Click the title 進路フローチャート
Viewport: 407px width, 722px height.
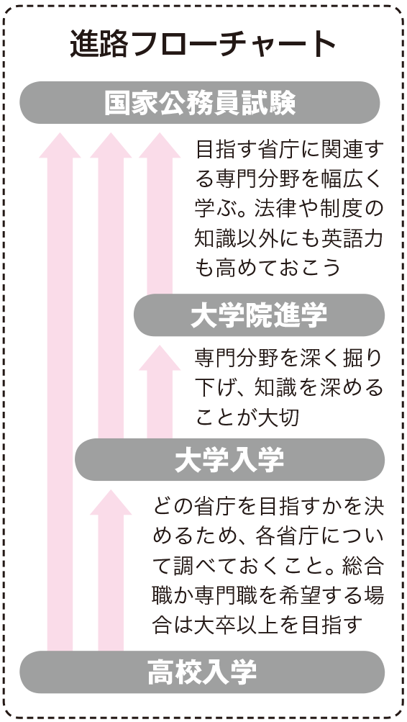click(x=203, y=45)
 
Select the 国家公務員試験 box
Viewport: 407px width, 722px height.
click(x=200, y=103)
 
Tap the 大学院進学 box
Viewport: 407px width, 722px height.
click(x=259, y=315)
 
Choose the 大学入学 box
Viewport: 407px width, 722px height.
click(x=229, y=459)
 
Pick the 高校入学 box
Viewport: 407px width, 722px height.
click(x=202, y=672)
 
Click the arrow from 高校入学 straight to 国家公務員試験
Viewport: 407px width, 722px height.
click(x=60, y=392)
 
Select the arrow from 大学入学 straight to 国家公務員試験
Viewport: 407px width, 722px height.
click(x=111, y=286)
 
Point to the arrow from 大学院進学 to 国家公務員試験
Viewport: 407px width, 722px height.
click(x=160, y=213)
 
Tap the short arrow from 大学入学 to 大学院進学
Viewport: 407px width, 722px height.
click(x=160, y=392)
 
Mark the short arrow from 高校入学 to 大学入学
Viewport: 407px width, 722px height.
click(x=111, y=570)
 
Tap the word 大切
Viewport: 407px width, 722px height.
click(x=279, y=418)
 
